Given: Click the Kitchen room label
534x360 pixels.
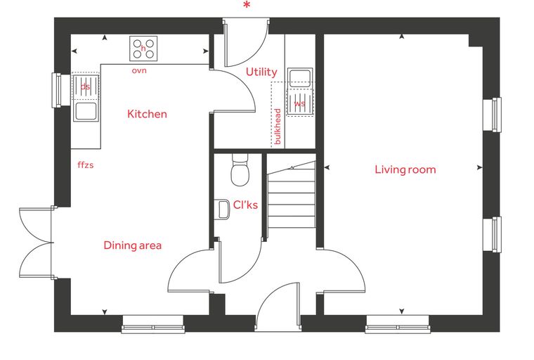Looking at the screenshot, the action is click(147, 114).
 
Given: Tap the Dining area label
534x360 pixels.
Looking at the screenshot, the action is click(133, 245).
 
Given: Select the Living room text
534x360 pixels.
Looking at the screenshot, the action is click(405, 169).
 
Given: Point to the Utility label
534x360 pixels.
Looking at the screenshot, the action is click(261, 72).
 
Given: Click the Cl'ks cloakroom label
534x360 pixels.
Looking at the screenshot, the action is click(245, 205).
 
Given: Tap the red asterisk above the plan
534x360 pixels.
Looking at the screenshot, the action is click(247, 5).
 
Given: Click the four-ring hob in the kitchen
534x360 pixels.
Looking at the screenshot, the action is click(143, 49).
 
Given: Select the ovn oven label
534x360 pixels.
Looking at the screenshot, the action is click(139, 70).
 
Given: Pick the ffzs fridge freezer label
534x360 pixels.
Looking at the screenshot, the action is click(86, 165).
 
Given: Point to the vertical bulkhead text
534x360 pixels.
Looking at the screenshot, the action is click(278, 126).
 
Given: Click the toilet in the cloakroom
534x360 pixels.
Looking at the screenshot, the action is click(240, 169).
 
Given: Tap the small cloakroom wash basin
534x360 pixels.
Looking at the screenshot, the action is click(222, 210).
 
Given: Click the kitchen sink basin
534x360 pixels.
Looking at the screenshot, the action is click(86, 111).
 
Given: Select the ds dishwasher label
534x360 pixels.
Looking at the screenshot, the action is click(85, 86).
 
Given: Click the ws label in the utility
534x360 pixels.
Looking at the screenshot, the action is click(300, 103).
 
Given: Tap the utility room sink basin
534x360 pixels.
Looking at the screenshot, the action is click(300, 78).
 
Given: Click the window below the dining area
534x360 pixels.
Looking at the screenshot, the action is click(153, 324).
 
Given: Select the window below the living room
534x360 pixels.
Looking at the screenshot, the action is click(398, 324).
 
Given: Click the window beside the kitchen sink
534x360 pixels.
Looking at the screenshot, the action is click(56, 90).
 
